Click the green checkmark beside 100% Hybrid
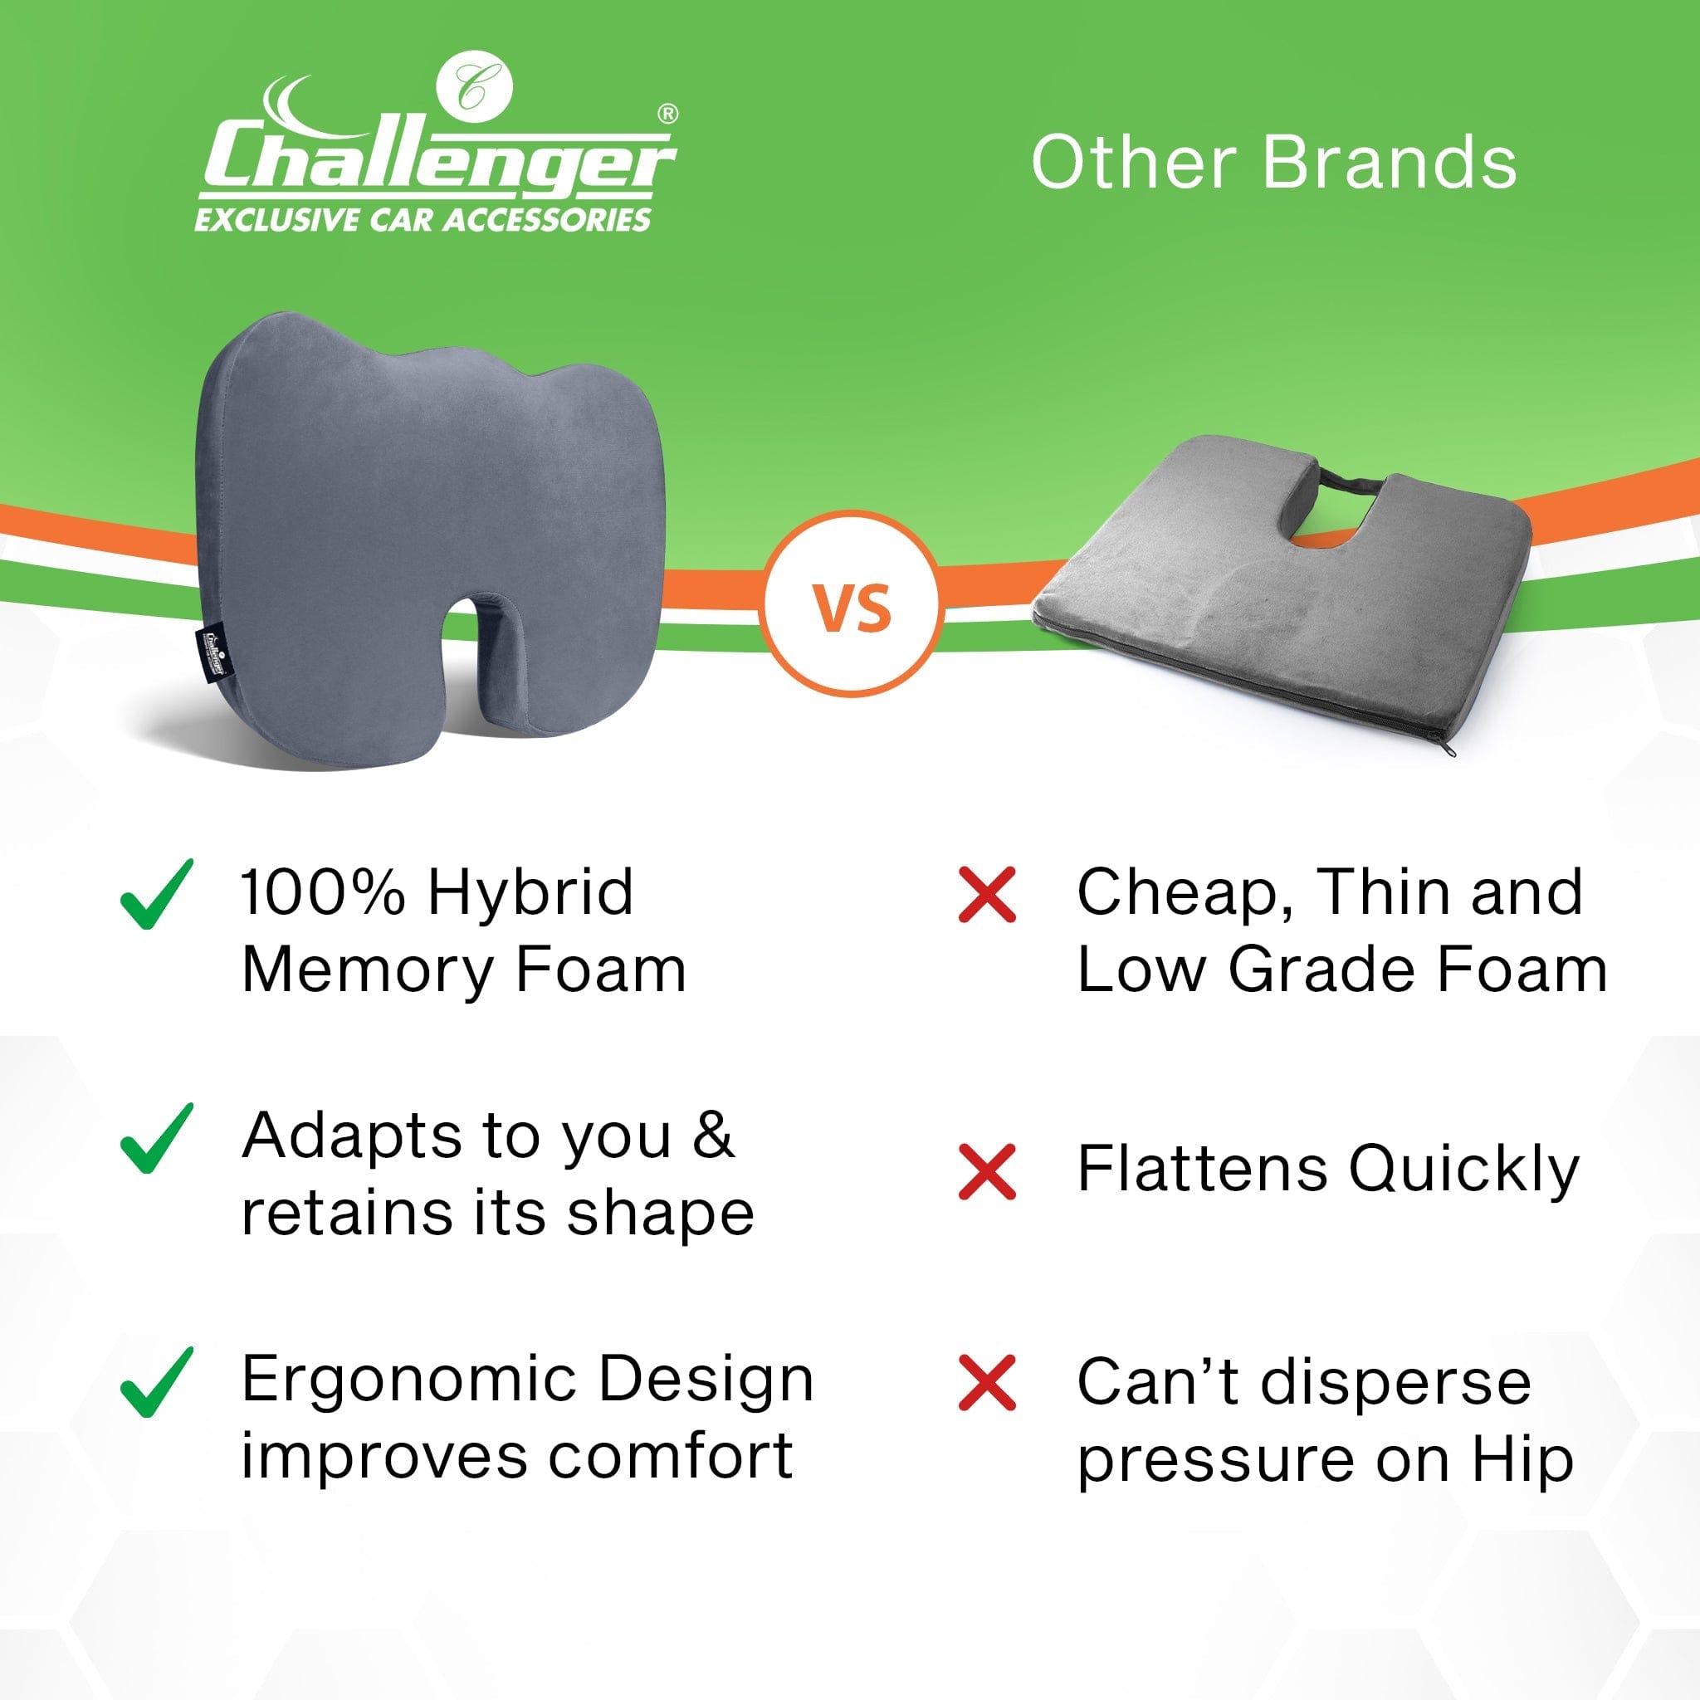coord(156,894)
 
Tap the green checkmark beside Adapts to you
coord(156,1139)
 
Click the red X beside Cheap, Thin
coord(987,894)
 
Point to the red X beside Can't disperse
coord(987,1383)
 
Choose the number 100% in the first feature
coord(323,893)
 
